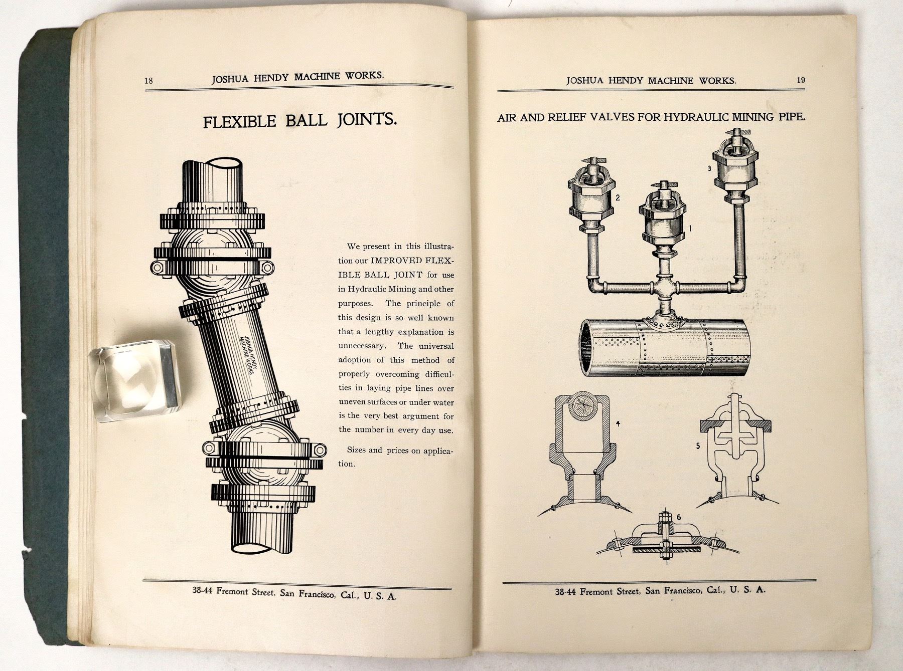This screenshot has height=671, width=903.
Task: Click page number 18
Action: pos(148,81)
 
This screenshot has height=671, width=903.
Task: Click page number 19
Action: pos(800,80)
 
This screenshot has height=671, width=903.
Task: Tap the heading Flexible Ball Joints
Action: pos(300,121)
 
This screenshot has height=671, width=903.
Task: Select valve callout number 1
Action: pos(690,229)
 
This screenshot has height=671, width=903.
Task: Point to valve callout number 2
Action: pos(618,197)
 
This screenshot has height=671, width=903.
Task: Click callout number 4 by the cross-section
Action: pos(619,423)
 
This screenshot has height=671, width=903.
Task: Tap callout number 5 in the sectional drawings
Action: pos(698,445)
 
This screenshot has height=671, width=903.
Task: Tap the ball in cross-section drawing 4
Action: pos(582,404)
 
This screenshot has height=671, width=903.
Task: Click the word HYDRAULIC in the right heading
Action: pos(696,118)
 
